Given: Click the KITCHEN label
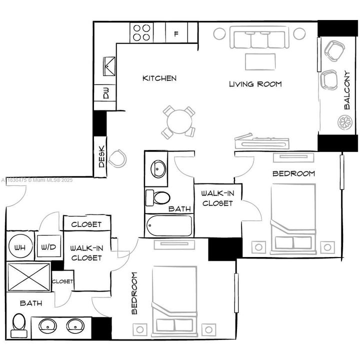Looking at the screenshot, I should tap(159, 78).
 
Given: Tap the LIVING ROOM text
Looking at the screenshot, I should tap(255, 84).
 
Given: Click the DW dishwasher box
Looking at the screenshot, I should tap(106, 93).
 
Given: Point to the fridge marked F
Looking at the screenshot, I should tap(176, 34).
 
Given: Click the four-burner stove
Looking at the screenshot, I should tap(141, 32).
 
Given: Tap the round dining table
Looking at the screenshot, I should tap(178, 120).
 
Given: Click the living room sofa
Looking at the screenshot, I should tap(259, 38).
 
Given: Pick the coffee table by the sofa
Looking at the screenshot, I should tap(260, 61).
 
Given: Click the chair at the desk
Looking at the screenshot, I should tap(118, 158).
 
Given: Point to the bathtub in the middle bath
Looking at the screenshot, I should tap(168, 226).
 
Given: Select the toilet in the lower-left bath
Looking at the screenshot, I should tap(19, 323).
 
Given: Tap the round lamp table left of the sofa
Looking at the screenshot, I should tap(220, 33).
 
